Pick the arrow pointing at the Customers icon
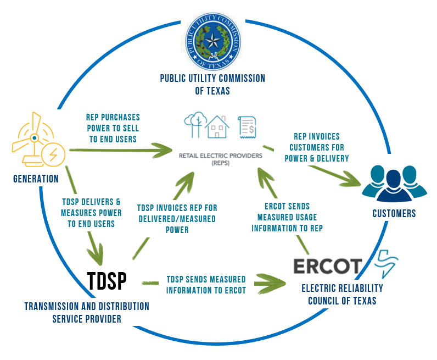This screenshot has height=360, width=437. click(x=318, y=167)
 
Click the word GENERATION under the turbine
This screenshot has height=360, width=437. click(x=36, y=179)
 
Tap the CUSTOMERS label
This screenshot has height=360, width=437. click(x=394, y=213)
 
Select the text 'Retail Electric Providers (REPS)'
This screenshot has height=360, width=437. click(x=221, y=159)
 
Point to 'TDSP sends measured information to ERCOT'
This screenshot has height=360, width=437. click(x=206, y=285)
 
